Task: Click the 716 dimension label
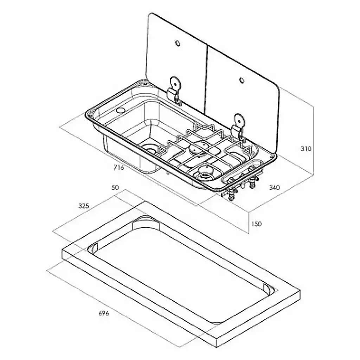tap(119, 168)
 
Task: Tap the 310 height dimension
tap(306, 149)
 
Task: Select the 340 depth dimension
tap(274, 187)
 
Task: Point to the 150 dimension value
tap(256, 224)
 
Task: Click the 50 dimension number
tap(115, 188)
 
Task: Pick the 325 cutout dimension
tap(84, 206)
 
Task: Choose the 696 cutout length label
tap(104, 313)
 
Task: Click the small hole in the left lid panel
tap(178, 43)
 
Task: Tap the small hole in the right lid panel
tap(242, 81)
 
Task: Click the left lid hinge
tap(174, 90)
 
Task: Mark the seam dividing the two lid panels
tap(206, 79)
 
